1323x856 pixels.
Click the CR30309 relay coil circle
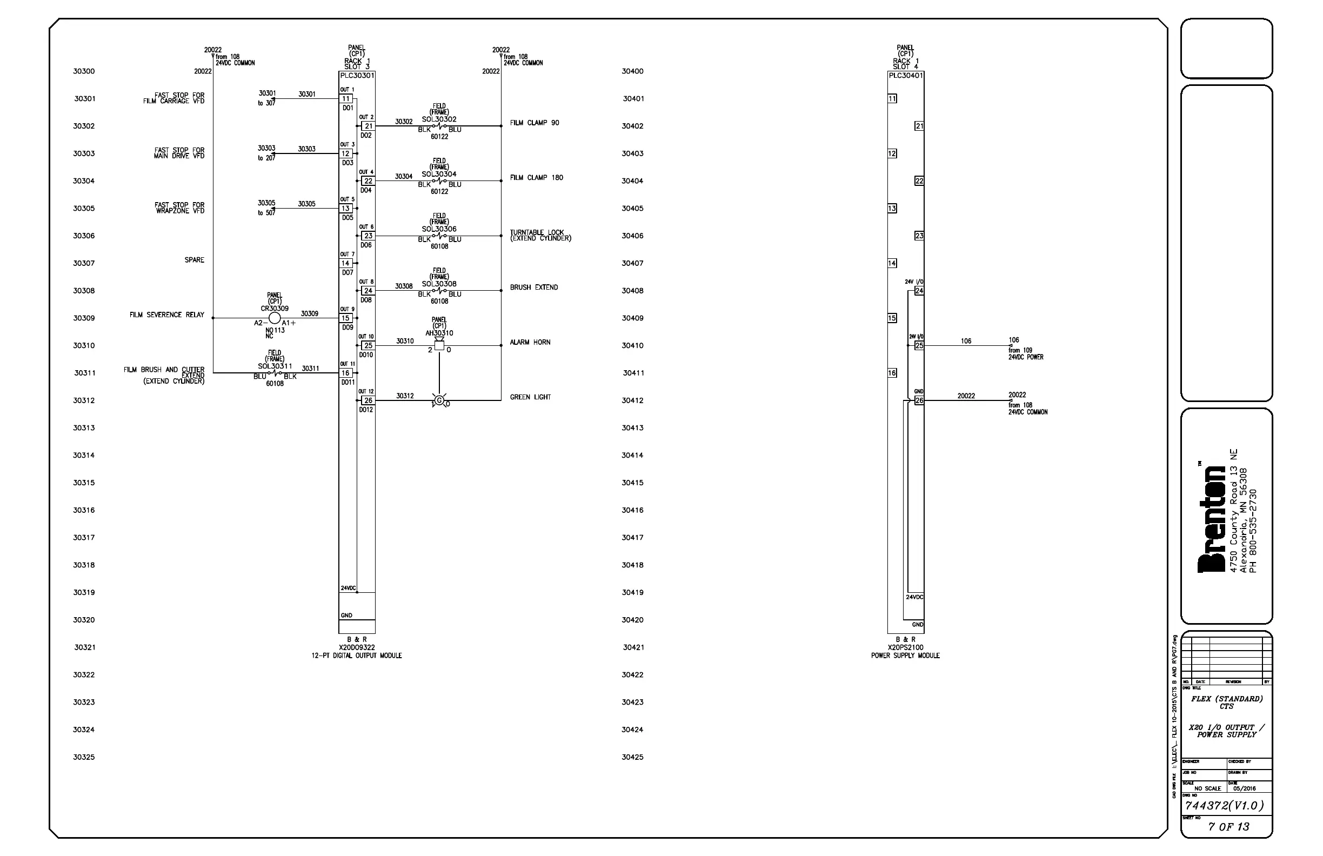pyautogui.click(x=275, y=318)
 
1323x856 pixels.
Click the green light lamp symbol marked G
pyautogui.click(x=439, y=400)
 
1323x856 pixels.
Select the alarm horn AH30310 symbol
pyautogui.click(x=439, y=345)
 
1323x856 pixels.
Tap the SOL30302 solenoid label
pyautogui.click(x=439, y=119)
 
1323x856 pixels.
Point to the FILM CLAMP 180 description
pyautogui.click(x=537, y=178)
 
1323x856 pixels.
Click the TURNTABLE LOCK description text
pyautogui.click(x=540, y=236)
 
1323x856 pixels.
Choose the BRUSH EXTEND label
pyautogui.click(x=533, y=287)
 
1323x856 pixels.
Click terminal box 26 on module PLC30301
pyautogui.click(x=368, y=400)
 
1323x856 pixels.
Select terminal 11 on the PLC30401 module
pyautogui.click(x=892, y=99)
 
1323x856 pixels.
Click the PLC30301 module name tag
pyautogui.click(x=357, y=76)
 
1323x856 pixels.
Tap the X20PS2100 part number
pyautogui.click(x=905, y=647)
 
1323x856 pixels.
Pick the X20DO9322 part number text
pyautogui.click(x=356, y=647)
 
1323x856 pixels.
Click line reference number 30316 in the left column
pyautogui.click(x=84, y=510)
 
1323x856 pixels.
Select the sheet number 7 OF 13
pyautogui.click(x=1228, y=826)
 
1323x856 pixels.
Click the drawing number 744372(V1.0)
pyautogui.click(x=1224, y=805)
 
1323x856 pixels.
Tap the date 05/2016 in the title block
pyautogui.click(x=1244, y=788)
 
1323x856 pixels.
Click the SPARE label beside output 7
pyautogui.click(x=195, y=260)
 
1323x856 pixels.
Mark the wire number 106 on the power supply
pyautogui.click(x=966, y=342)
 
